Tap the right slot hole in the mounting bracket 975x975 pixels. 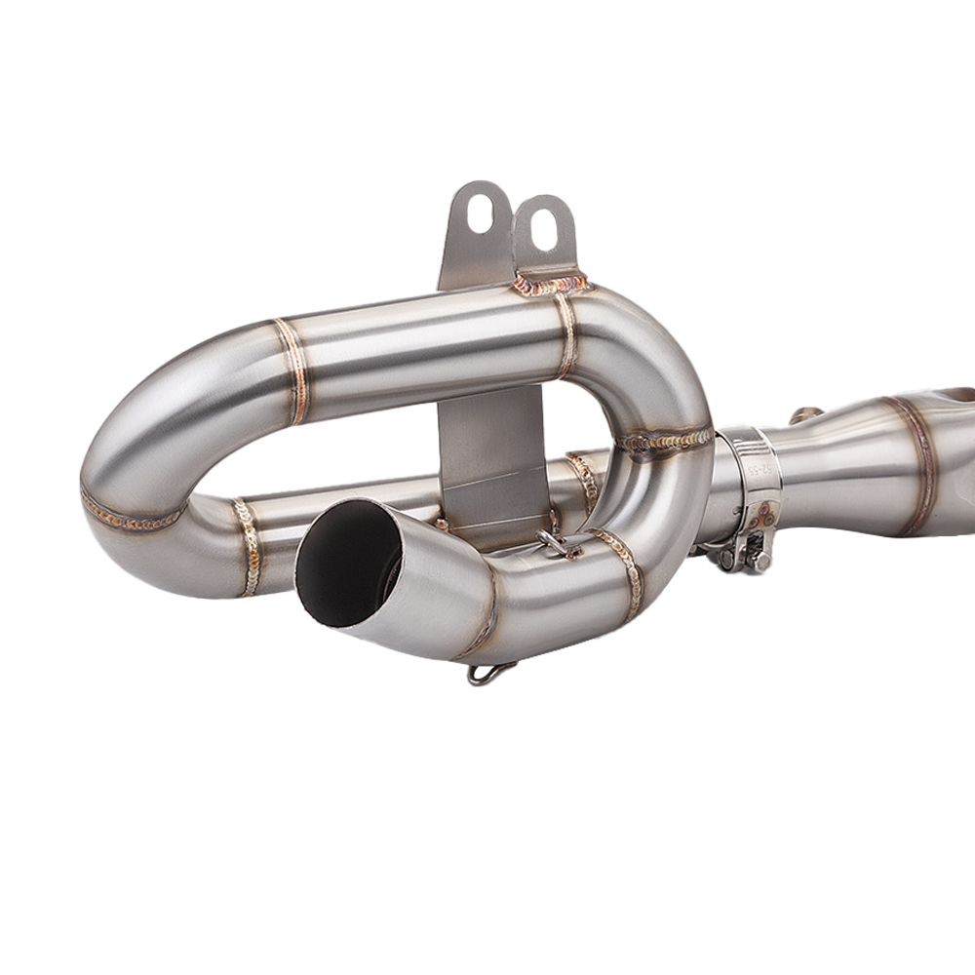tap(544, 227)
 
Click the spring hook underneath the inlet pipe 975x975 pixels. tap(491, 672)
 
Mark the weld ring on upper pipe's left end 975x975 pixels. tap(292, 370)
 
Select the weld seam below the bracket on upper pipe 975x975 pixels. tap(565, 336)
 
